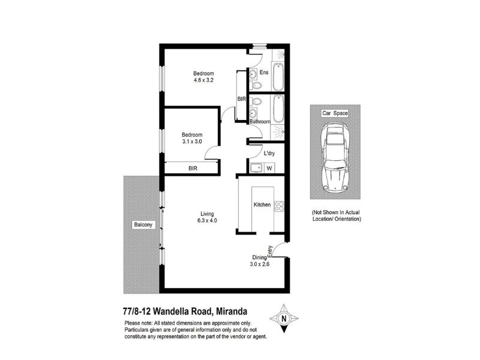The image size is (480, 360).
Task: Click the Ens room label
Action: pyautogui.click(x=264, y=72)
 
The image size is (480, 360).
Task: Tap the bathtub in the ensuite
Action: pyautogui.click(x=278, y=77)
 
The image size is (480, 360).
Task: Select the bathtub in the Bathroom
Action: pyautogui.click(x=278, y=109)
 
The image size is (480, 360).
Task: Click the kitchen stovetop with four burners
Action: pyautogui.click(x=279, y=206)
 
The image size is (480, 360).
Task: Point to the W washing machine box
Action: pyautogui.click(x=269, y=168)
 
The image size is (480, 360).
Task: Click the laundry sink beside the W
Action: pyautogui.click(x=256, y=168)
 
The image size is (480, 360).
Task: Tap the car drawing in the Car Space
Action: pyautogui.click(x=335, y=158)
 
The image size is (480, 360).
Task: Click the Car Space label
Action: pyautogui.click(x=335, y=113)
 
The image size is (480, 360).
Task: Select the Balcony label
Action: pyautogui.click(x=143, y=224)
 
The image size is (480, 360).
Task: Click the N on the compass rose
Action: pyautogui.click(x=284, y=319)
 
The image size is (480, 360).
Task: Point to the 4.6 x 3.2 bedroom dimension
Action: pyautogui.click(x=203, y=80)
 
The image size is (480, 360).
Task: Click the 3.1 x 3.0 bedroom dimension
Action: pyautogui.click(x=192, y=142)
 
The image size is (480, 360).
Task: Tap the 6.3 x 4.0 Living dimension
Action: pyautogui.click(x=207, y=220)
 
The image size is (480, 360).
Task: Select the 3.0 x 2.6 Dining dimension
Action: pyautogui.click(x=260, y=264)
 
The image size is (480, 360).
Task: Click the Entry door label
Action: pyautogui.click(x=270, y=251)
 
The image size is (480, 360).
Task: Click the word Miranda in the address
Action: pyautogui.click(x=232, y=311)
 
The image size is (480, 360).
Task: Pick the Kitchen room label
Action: pyautogui.click(x=262, y=205)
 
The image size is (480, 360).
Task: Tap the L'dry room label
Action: pyautogui.click(x=269, y=154)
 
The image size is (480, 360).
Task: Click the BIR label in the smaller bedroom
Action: pyautogui.click(x=193, y=169)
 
